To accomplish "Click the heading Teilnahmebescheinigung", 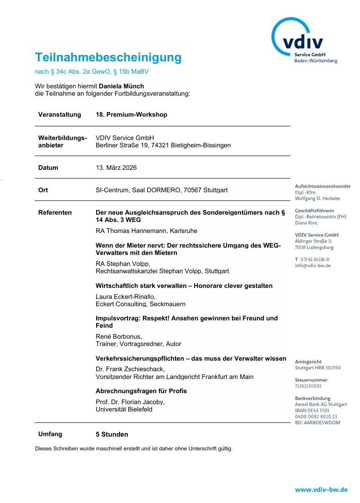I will [108, 58].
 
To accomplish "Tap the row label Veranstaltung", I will [60, 114].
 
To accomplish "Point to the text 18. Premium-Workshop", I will [131, 114].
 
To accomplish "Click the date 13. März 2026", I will [116, 168].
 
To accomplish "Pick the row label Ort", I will [43, 190].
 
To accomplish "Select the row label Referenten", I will [55, 212].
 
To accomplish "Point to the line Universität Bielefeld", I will [124, 409].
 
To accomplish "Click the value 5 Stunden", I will [112, 434].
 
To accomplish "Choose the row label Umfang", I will [50, 434].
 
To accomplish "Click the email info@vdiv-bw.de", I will [313, 265].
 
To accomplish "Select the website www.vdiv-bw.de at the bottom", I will [321, 489].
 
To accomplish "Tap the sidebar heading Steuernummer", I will [311, 380].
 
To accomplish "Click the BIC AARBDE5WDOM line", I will [317, 422].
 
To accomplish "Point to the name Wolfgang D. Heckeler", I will [318, 199].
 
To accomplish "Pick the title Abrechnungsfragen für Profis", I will [141, 391].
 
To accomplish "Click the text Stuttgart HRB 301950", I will [318, 368].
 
